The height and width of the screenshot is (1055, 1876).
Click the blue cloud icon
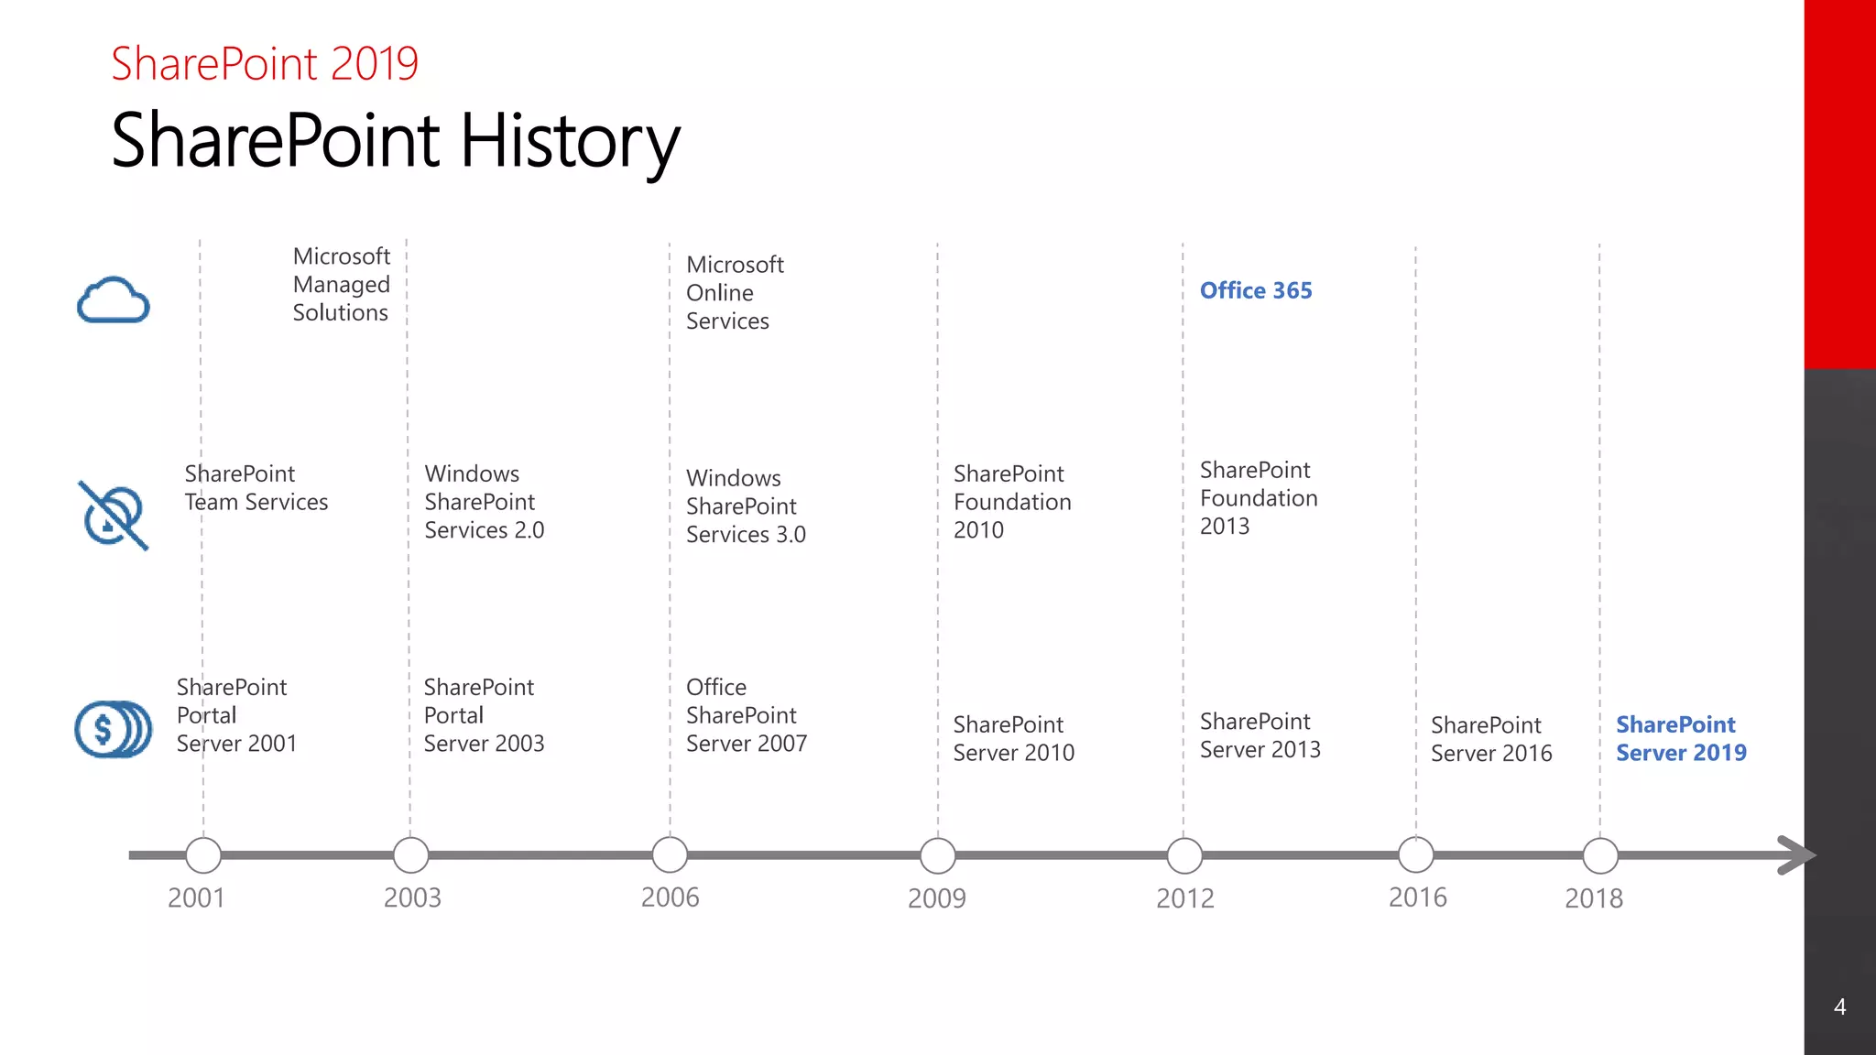pyautogui.click(x=113, y=300)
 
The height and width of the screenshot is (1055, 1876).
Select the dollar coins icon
pyautogui.click(x=113, y=729)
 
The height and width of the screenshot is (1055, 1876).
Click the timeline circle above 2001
pyautogui.click(x=203, y=855)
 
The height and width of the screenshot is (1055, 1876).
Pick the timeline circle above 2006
pyautogui.click(x=670, y=855)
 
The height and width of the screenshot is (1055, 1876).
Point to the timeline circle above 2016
pyautogui.click(x=1416, y=855)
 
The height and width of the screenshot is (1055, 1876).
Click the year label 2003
pyautogui.click(x=412, y=897)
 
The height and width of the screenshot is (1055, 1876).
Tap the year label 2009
pyautogui.click(x=936, y=898)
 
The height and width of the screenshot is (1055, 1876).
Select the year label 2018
pyautogui.click(x=1593, y=898)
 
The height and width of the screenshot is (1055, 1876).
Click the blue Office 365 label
pyautogui.click(x=1256, y=290)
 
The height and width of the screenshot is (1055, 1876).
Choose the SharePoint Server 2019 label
pyautogui.click(x=1681, y=738)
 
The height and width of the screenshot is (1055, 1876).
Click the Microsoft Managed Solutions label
pyautogui.click(x=341, y=284)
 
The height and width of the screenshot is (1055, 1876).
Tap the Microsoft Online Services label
pyautogui.click(x=735, y=292)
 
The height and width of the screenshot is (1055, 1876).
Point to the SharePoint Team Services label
pyautogui.click(x=256, y=487)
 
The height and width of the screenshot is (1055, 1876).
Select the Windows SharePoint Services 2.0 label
pyautogui.click(x=484, y=502)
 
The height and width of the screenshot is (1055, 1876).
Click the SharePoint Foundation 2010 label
pyautogui.click(x=1012, y=502)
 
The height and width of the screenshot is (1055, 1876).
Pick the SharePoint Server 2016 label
pyautogui.click(x=1491, y=739)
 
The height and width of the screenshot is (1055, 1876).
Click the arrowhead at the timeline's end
pyautogui.click(x=1796, y=855)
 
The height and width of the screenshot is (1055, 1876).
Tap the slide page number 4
pyautogui.click(x=1839, y=1007)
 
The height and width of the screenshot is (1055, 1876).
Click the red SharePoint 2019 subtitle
pyautogui.click(x=265, y=64)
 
